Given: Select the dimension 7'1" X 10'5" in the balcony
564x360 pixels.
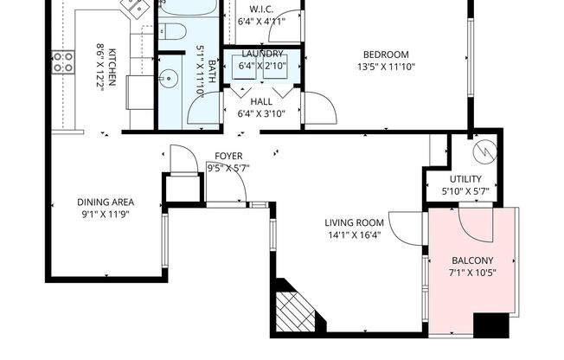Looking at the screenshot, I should [x=473, y=273].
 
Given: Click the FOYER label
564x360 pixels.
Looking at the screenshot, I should [x=229, y=157].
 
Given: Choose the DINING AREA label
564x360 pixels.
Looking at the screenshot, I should [x=106, y=203].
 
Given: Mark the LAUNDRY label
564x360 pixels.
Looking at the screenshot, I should [x=261, y=54].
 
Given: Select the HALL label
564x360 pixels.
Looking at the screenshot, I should [x=261, y=101].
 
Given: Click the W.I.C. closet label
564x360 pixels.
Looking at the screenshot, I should [x=261, y=10].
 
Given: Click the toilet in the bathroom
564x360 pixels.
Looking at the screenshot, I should [x=172, y=33].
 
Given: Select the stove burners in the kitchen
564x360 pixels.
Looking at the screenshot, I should [x=62, y=61].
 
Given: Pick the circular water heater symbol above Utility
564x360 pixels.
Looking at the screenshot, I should [x=485, y=152].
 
